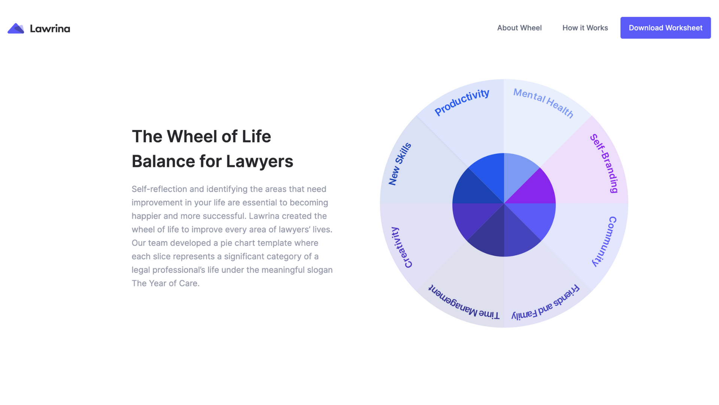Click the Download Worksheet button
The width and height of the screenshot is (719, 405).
[665, 28]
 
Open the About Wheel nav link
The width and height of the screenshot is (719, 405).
[519, 28]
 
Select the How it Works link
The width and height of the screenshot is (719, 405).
[585, 28]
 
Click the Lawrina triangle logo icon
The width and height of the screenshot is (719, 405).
[16, 28]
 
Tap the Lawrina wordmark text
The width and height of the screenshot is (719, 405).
[50, 28]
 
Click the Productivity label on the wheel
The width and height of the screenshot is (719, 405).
[462, 102]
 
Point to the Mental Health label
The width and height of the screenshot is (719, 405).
[543, 103]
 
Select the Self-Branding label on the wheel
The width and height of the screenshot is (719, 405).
[604, 163]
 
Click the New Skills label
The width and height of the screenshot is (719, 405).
[400, 164]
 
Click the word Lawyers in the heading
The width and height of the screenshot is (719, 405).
[260, 161]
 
